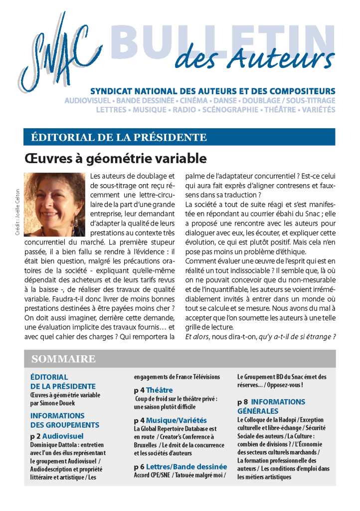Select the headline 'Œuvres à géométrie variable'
point(115,159)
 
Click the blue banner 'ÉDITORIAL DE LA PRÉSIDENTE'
point(119,137)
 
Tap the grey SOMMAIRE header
point(64,359)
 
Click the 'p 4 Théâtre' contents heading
point(153,390)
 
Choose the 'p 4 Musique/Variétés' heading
point(170,420)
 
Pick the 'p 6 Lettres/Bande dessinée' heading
point(180,467)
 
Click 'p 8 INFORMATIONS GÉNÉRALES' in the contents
point(271,406)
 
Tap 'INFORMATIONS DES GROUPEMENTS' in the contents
point(65,420)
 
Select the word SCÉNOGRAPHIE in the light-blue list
point(231,109)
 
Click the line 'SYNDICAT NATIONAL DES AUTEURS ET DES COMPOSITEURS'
point(212,91)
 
